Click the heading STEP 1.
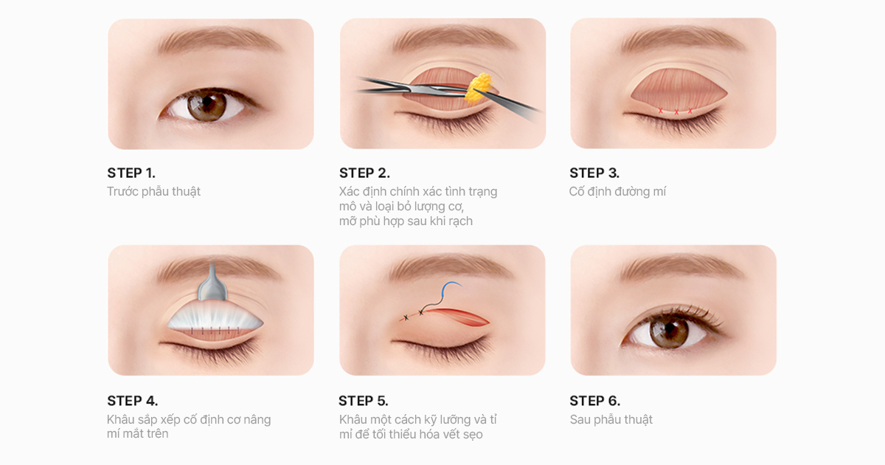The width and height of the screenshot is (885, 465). pyautogui.click(x=131, y=173)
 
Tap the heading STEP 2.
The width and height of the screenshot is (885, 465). pyautogui.click(x=364, y=173)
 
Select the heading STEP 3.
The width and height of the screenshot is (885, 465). pyautogui.click(x=594, y=173)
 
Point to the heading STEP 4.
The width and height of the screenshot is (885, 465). pyautogui.click(x=132, y=401)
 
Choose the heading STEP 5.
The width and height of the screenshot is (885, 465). pyautogui.click(x=363, y=401)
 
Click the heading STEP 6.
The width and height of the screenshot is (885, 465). pyautogui.click(x=594, y=401)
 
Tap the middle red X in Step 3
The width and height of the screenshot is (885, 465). pyautogui.click(x=676, y=112)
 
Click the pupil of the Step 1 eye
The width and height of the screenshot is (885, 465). pyautogui.click(x=207, y=103)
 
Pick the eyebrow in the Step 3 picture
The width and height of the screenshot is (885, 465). pyautogui.click(x=684, y=40)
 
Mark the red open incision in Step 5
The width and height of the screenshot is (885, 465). pyautogui.click(x=458, y=317)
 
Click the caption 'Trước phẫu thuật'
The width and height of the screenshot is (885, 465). pyautogui.click(x=153, y=192)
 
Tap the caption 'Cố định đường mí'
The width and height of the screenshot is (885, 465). pyautogui.click(x=617, y=192)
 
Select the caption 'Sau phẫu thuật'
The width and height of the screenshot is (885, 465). pyautogui.click(x=611, y=419)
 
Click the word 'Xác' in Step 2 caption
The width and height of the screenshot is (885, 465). pyautogui.click(x=349, y=191)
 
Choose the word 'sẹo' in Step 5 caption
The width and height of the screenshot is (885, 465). pyautogui.click(x=473, y=434)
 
